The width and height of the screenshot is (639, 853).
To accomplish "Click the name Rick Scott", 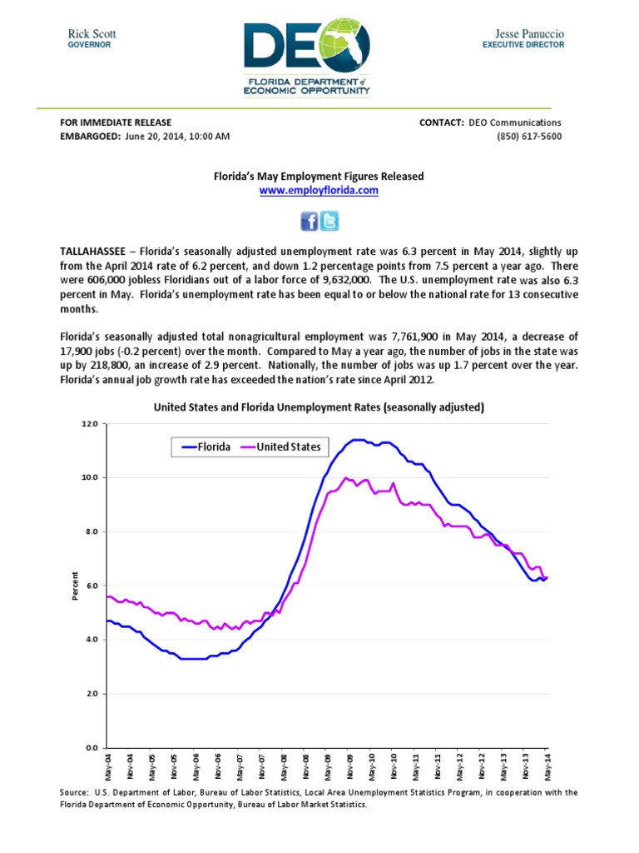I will coord(92,33).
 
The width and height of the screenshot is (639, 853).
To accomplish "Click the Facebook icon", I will coord(309,221).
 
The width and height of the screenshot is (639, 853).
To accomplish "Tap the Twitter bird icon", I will coord(329,221).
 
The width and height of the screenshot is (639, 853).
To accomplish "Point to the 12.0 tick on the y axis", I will coord(89,424).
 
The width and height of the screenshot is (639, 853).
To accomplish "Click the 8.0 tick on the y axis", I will coord(89,531).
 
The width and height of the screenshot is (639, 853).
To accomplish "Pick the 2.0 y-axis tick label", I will coord(89,694).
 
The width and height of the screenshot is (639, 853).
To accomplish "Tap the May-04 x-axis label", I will coord(108,766).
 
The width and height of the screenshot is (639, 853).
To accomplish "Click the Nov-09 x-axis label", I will coord(349,766).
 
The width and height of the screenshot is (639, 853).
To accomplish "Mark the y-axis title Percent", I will coord(75,586).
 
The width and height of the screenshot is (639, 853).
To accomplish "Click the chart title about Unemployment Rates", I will coord(319,407).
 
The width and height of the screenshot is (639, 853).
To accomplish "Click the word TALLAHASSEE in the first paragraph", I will coord(92,251).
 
